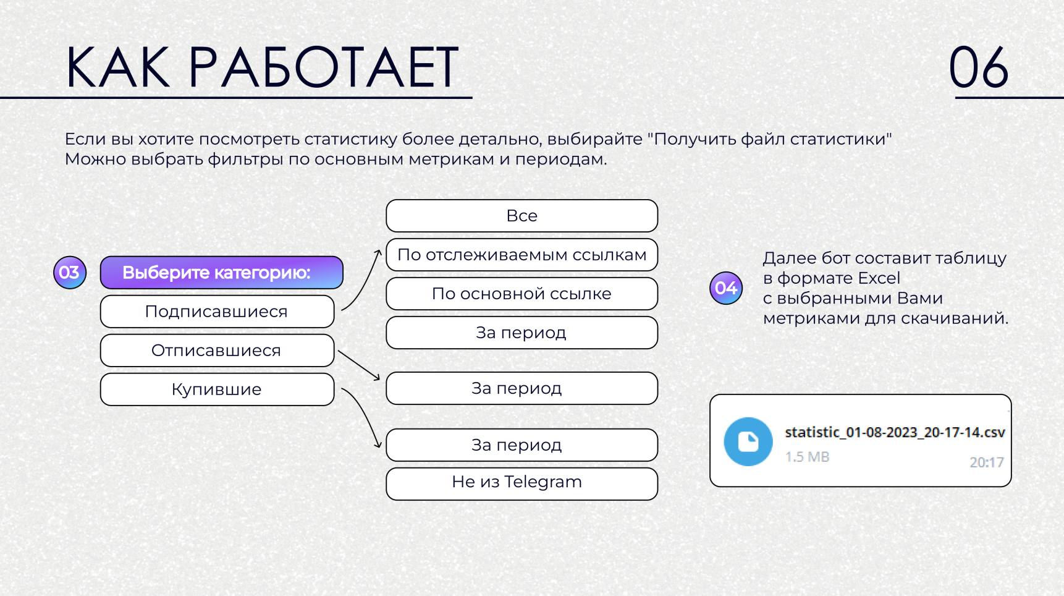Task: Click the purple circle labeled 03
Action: pos(70,273)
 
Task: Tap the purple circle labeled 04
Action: pos(726,288)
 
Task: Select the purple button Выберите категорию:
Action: pos(222,273)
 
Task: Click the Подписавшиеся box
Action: pos(217,312)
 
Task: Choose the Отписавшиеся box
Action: pos(217,351)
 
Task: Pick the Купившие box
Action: pos(217,390)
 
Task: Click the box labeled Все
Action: pos(522,216)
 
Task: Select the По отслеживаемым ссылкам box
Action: pos(522,255)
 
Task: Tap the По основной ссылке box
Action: pos(522,294)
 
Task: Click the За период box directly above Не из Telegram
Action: pos(522,445)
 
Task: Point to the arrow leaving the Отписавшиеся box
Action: pos(359,365)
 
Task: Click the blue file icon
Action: pos(748,441)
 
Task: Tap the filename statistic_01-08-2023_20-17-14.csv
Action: pos(895,432)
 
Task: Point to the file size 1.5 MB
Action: pos(807,457)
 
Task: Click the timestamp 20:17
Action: pos(987,462)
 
